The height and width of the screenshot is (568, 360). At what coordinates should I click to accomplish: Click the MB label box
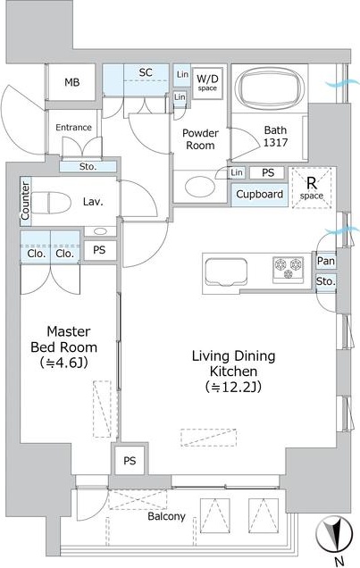[72, 83]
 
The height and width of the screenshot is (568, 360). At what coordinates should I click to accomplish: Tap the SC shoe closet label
[145, 72]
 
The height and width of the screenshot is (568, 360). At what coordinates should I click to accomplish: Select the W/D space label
[207, 82]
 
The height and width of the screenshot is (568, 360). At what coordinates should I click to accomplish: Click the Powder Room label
[200, 138]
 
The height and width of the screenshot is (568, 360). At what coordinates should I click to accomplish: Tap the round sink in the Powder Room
[195, 186]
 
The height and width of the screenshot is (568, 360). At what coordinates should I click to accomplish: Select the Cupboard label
[259, 195]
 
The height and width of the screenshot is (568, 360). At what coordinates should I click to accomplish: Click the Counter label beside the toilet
[25, 202]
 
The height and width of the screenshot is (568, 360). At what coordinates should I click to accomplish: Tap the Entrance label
[73, 128]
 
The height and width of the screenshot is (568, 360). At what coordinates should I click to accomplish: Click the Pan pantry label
[325, 261]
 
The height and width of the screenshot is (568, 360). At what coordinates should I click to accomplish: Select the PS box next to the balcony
[130, 461]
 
